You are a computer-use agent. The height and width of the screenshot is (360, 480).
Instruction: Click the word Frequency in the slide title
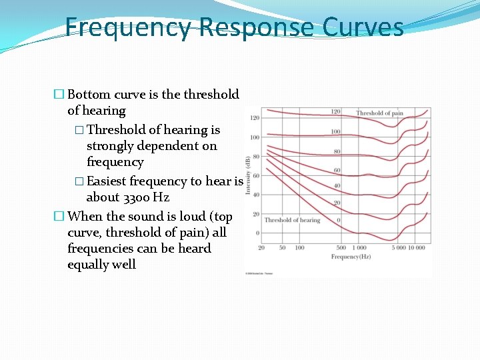coord(128,28)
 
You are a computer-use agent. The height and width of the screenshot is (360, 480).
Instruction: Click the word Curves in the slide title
coord(363,28)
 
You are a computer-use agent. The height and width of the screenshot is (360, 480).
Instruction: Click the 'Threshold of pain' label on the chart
coord(379,113)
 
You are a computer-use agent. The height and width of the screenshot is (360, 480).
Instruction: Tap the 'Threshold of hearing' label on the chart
coord(292,220)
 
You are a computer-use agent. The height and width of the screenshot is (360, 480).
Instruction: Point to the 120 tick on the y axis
coord(255,118)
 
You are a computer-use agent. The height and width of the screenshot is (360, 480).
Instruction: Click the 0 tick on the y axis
coord(257,233)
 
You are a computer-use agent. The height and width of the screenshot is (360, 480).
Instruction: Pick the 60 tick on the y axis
coord(255,176)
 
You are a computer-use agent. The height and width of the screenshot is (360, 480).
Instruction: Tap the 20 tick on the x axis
coord(261,247)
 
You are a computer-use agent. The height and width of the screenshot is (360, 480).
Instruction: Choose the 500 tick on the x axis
coord(341,247)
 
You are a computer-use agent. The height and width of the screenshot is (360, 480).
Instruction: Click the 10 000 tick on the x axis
coord(417,247)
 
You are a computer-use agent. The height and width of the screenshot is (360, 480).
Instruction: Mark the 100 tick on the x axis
coord(299,247)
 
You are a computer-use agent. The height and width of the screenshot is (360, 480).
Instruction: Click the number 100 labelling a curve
coord(336,132)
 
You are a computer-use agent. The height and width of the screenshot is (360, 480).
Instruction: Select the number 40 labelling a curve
coord(337,185)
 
